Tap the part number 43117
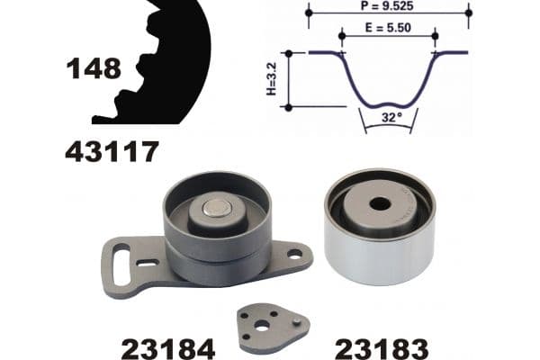(x=112, y=151)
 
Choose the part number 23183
(x=378, y=346)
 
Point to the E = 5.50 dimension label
(x=388, y=28)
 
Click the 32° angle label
(x=388, y=117)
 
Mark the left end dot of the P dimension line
(x=309, y=13)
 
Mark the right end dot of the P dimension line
(x=469, y=13)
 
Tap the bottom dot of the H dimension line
(x=288, y=106)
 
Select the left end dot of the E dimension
(x=342, y=37)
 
